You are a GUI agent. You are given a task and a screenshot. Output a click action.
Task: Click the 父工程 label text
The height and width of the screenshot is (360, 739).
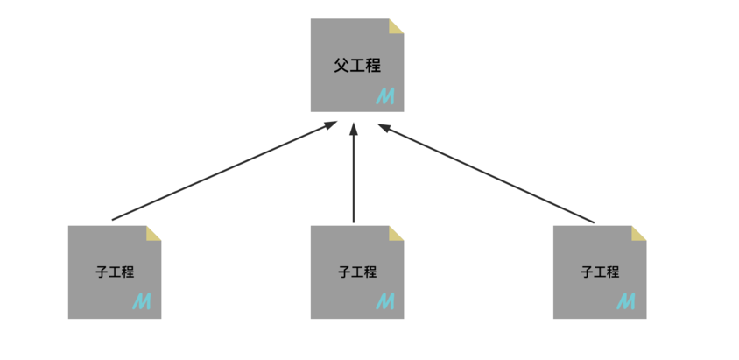356,66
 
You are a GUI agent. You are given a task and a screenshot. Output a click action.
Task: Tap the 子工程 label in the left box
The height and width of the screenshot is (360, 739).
115,272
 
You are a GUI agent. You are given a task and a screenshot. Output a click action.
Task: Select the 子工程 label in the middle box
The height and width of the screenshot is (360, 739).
357,272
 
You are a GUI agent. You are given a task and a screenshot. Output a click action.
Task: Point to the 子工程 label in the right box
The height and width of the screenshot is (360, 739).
600,272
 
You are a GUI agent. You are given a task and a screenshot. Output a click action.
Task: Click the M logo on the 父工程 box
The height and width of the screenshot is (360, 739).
385,96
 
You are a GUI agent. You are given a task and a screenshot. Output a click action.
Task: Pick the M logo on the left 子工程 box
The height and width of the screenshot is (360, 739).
142,302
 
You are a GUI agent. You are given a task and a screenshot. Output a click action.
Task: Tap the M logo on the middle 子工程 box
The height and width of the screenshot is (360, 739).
384,302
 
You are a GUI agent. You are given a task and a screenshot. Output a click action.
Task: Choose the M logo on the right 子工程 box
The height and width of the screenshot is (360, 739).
626,302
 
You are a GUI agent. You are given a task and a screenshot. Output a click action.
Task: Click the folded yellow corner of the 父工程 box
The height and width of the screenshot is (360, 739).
397,25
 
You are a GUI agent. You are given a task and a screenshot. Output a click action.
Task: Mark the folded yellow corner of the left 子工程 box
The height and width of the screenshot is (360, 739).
154,232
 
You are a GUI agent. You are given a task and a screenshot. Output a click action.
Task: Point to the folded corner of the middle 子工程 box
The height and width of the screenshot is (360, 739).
397,232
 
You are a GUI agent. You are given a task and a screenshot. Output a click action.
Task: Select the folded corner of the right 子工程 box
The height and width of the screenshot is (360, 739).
639,232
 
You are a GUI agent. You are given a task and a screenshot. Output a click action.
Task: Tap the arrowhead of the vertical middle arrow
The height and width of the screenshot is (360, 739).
355,130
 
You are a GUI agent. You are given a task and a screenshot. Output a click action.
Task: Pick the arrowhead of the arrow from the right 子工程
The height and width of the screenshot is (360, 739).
384,128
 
